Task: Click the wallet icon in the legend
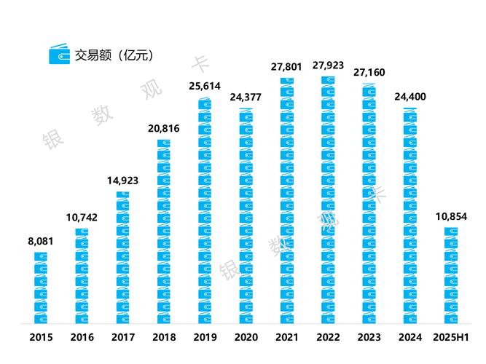click(58, 55)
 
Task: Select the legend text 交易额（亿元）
click(113, 55)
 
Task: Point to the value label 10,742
click(82, 218)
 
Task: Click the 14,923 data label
click(122, 181)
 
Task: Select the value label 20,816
click(163, 128)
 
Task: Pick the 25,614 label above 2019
click(205, 86)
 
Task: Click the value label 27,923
click(328, 66)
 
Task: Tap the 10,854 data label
click(450, 217)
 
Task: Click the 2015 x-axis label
click(41, 337)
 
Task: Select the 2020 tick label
click(246, 337)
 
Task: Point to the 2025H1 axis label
click(450, 337)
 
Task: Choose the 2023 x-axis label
click(369, 337)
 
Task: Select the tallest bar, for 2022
click(328, 199)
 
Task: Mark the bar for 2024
click(409, 215)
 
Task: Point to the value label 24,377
click(246, 98)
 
